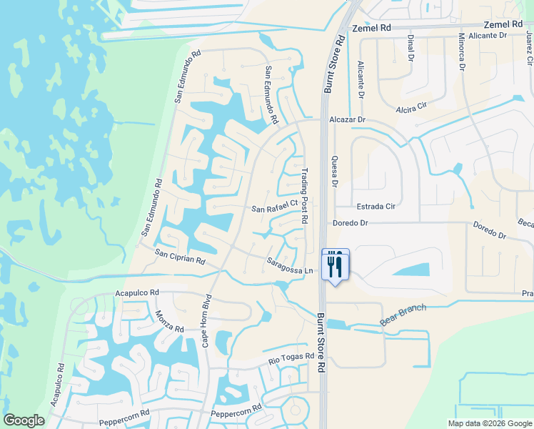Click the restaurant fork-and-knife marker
click(336, 265)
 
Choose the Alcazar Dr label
click(347, 120)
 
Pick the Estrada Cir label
click(376, 207)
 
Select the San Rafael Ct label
click(274, 207)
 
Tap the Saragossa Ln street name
click(290, 266)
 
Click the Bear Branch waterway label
click(403, 315)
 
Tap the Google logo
click(24, 420)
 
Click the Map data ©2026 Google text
click(489, 423)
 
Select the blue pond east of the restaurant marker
click(410, 270)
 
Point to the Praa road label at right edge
click(527, 294)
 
